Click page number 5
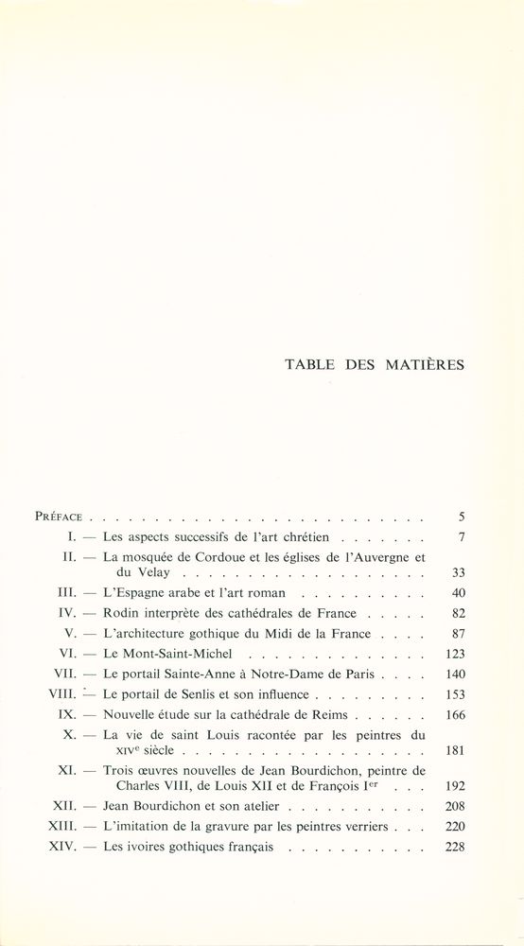[460, 517]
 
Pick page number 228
[453, 847]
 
